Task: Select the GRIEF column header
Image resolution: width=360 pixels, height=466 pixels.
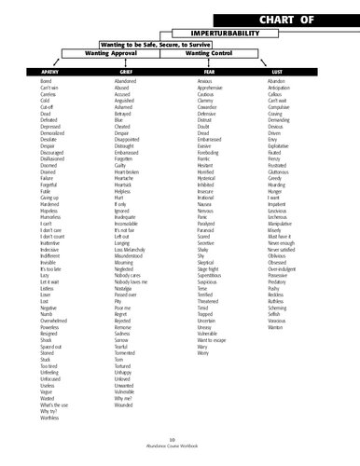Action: point(124,72)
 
